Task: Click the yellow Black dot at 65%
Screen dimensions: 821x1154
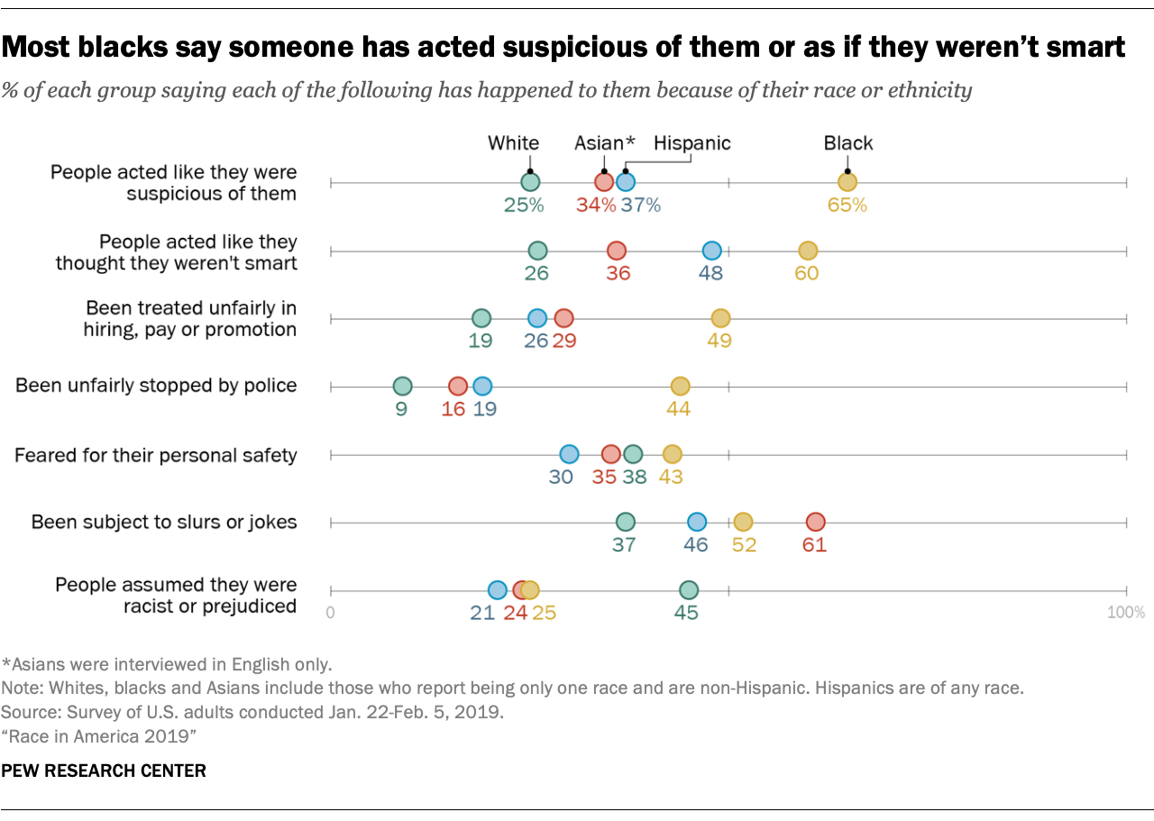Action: [847, 183]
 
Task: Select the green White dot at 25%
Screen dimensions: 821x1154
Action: [530, 183]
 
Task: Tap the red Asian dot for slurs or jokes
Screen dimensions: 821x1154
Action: [815, 522]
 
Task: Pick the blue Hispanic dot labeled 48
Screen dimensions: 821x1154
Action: [711, 251]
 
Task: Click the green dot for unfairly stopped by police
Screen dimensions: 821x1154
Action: [402, 387]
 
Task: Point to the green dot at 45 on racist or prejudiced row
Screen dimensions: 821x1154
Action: [688, 590]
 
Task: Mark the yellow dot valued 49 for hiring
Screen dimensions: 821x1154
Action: [719, 318]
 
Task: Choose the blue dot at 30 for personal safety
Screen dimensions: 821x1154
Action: [569, 454]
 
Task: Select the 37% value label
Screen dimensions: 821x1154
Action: [641, 205]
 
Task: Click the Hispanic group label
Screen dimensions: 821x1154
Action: [691, 143]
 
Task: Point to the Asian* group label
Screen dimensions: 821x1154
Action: [605, 143]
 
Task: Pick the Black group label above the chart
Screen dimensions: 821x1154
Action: [847, 143]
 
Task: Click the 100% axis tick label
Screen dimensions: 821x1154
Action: [1125, 613]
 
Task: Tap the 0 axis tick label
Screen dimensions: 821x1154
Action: [331, 613]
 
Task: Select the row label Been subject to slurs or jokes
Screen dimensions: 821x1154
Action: [164, 523]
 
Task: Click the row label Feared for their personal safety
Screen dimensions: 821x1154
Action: [156, 455]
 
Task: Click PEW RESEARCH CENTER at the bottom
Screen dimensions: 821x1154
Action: [104, 771]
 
